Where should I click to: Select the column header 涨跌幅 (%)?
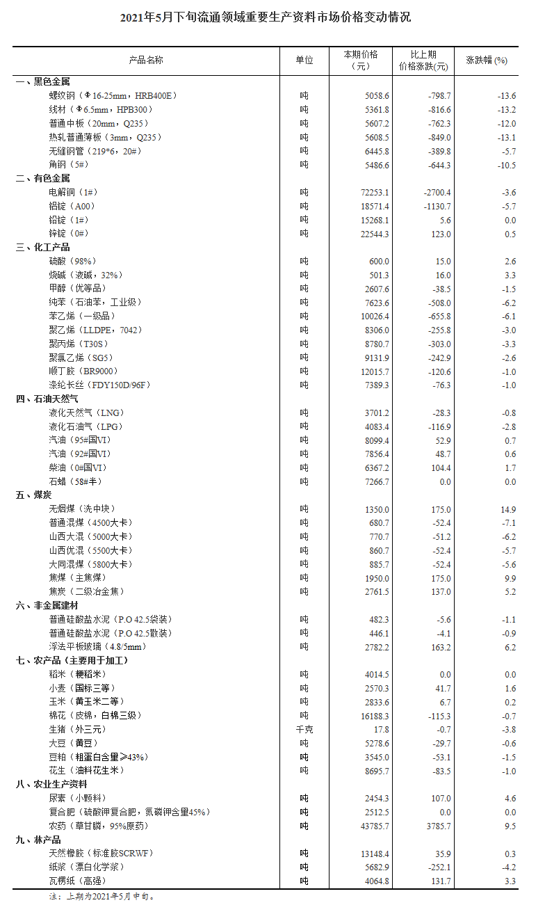[487, 61]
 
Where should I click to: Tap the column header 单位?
[304, 61]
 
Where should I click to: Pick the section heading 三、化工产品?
[42, 248]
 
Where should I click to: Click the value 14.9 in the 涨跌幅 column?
[510, 509]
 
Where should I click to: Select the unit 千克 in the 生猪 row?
[304, 730]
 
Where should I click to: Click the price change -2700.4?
[435, 193]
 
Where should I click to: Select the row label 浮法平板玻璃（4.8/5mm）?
[97, 647]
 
